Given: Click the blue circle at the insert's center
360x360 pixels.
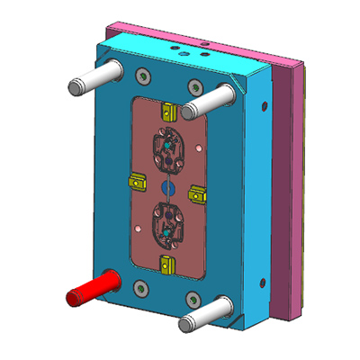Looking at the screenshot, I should pos(166,186).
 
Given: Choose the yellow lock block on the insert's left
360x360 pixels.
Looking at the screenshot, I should pos(138,180).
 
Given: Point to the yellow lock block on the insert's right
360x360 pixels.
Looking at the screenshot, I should pos(197,191).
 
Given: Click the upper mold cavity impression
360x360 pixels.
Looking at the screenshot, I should pos(166,148).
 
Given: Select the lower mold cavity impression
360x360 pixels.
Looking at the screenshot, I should pos(166,225).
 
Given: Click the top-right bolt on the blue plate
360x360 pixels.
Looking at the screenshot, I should pos(195,87).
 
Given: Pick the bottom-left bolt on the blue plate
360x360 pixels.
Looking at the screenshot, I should pos(139,288).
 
